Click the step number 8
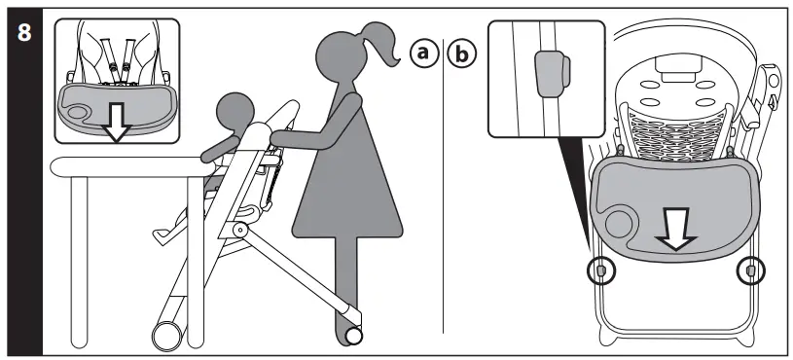pyautogui.click(x=22, y=31)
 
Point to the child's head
pyautogui.click(x=233, y=111)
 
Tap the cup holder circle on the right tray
pyautogui.click(x=619, y=223)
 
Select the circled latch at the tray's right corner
pyautogui.click(x=749, y=269)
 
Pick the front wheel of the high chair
pyautogui.click(x=166, y=336)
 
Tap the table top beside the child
pyautogui.click(x=126, y=166)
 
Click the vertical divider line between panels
pyautogui.click(x=444, y=195)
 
